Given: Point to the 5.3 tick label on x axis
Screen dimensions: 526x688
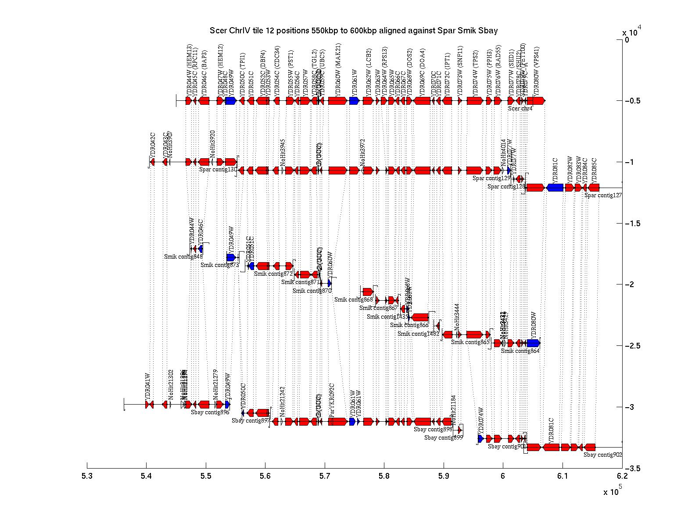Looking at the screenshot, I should coord(87,476).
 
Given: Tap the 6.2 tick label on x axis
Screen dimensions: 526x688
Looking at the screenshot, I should coord(622,476).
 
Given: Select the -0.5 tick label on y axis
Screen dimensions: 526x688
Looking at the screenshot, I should coord(633,101).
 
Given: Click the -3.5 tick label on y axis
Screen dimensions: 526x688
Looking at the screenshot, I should coord(633,469).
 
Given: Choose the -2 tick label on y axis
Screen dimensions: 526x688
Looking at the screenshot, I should coord(630,284).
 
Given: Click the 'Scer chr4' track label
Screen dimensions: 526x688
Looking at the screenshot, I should coord(520,109).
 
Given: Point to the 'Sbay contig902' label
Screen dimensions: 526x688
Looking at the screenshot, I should coord(602,455).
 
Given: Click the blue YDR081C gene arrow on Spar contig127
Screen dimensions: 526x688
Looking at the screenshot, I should coord(555,188).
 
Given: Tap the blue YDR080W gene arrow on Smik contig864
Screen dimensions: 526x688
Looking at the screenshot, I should coord(533,343).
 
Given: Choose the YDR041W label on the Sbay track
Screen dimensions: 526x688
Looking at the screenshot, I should coord(148,385).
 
